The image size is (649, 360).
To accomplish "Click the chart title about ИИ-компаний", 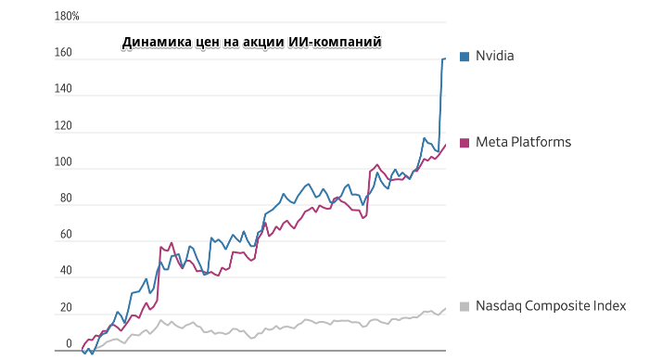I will [x=252, y=42].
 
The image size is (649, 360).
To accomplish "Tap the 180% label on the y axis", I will [x=68, y=17].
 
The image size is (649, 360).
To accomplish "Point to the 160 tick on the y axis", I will [x=63, y=53].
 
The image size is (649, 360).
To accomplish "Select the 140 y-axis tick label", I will [x=63, y=89].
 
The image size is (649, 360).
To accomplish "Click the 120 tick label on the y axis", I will [x=63, y=126].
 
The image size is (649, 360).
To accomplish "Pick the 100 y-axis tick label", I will [x=63, y=162].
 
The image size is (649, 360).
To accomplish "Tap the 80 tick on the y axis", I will [x=66, y=199].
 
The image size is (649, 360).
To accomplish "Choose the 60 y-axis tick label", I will [x=66, y=235].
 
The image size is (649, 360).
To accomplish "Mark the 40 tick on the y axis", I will [x=66, y=271].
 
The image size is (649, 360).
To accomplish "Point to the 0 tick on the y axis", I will [x=69, y=344].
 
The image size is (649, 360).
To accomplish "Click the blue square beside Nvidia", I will [x=464, y=56].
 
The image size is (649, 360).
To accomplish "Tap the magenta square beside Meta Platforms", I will [x=464, y=142].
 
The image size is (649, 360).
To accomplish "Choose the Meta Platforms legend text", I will [x=523, y=142].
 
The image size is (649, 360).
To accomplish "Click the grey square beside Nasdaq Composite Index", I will [x=464, y=306].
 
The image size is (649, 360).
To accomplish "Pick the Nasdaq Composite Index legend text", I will [x=551, y=306].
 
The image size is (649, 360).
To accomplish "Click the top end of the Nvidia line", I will [x=445, y=58].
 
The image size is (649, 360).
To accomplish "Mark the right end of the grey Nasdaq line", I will [x=445, y=308].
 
